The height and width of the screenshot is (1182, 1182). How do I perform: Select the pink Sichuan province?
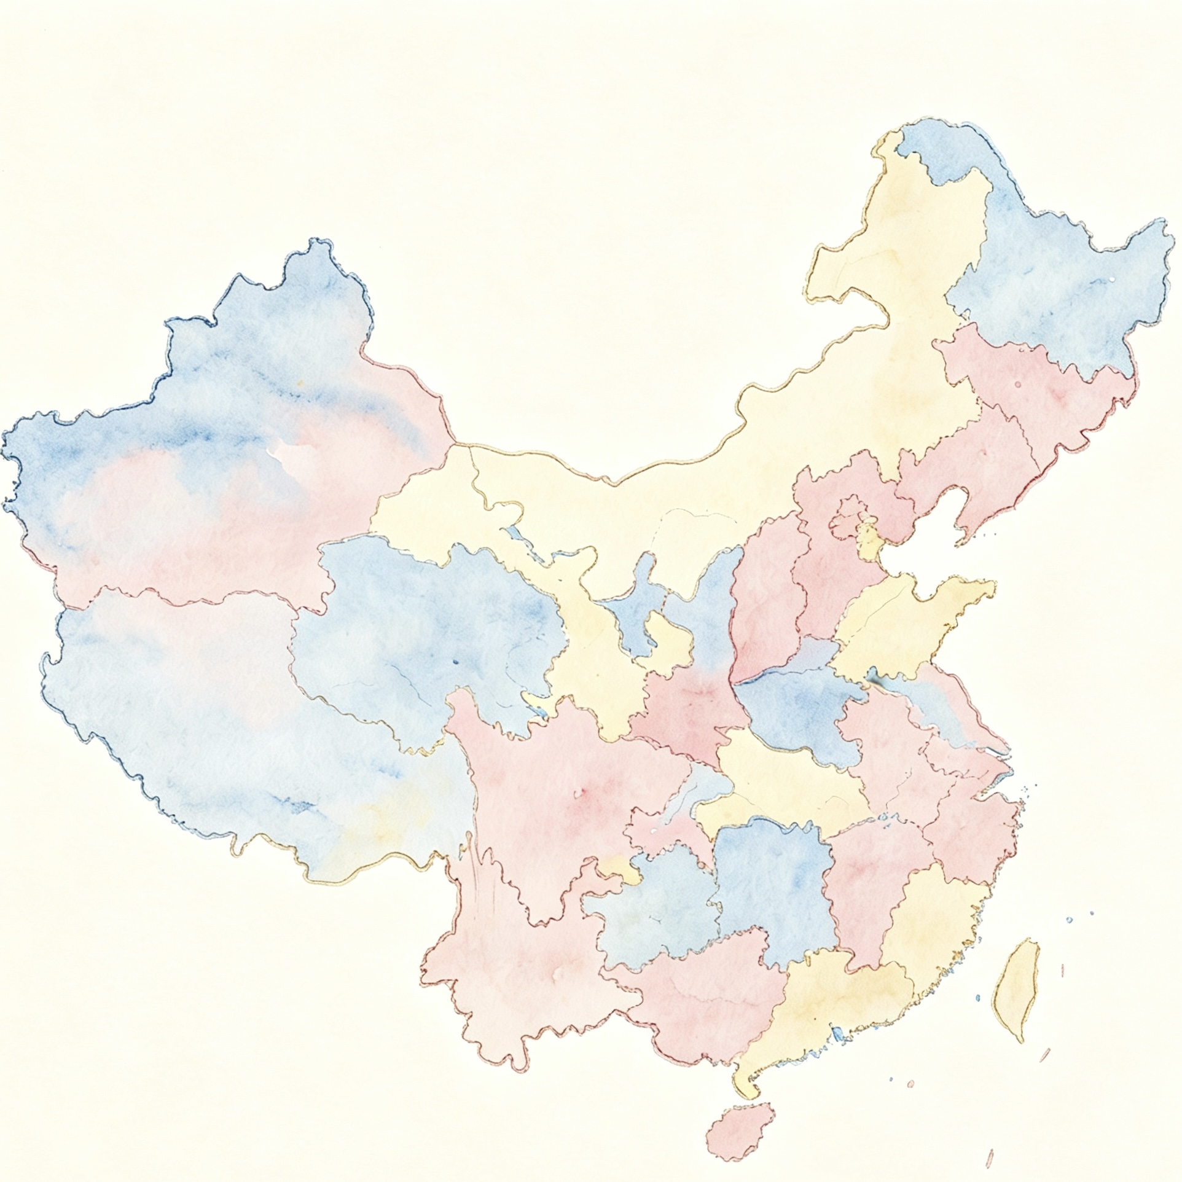point(553,799)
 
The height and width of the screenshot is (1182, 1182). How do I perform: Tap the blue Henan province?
point(799,706)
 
